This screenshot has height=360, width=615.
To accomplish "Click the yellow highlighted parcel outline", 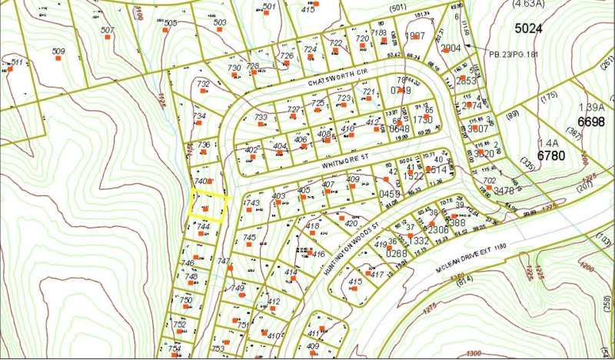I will [x=210, y=208].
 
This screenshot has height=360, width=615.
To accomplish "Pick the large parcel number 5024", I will [x=529, y=28].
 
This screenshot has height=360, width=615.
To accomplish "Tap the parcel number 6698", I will [x=590, y=122].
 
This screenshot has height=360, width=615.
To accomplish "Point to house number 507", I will [x=108, y=31].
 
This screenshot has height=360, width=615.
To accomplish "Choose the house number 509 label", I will [x=58, y=52].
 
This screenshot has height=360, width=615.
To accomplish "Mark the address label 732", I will [x=203, y=84].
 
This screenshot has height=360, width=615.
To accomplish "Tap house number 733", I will [x=261, y=118].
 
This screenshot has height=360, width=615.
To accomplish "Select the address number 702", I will [x=490, y=182].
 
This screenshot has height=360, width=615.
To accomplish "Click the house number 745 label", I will [x=249, y=238].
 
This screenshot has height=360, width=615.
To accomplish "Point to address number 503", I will [x=220, y=23].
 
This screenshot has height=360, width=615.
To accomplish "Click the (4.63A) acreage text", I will [x=527, y=4].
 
